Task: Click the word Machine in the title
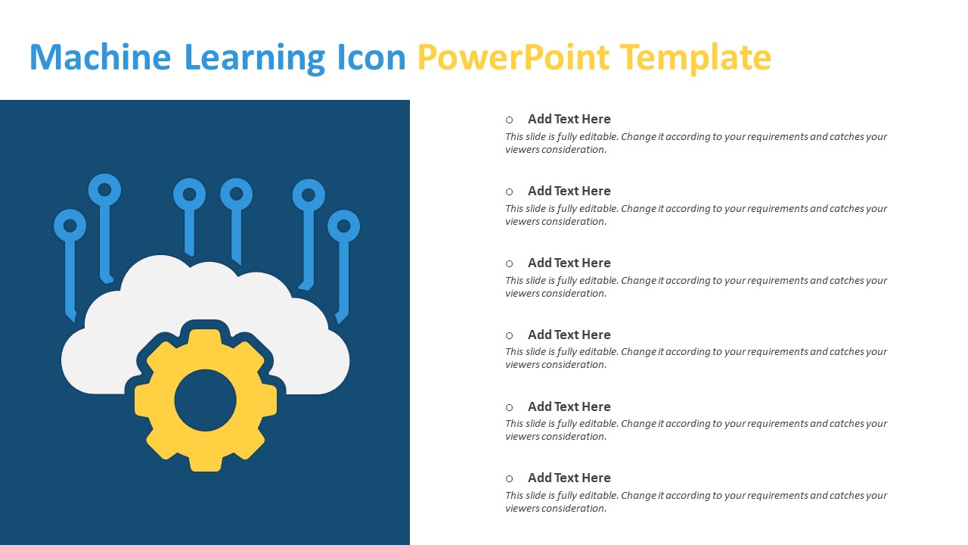(101, 57)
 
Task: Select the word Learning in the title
(255, 59)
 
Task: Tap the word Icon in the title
(371, 57)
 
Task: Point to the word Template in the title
(696, 59)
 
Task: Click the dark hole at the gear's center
(205, 400)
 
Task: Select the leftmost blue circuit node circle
(70, 226)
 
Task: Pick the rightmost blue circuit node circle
(343, 226)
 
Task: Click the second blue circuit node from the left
(104, 190)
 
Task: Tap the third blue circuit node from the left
(189, 195)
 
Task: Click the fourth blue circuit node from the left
(237, 195)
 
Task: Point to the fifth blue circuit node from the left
(309, 195)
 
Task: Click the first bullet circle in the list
(510, 120)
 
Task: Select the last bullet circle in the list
(510, 478)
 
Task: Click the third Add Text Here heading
(569, 263)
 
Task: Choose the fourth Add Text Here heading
(569, 335)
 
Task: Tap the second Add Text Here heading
(569, 191)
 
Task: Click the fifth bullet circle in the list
(510, 407)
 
